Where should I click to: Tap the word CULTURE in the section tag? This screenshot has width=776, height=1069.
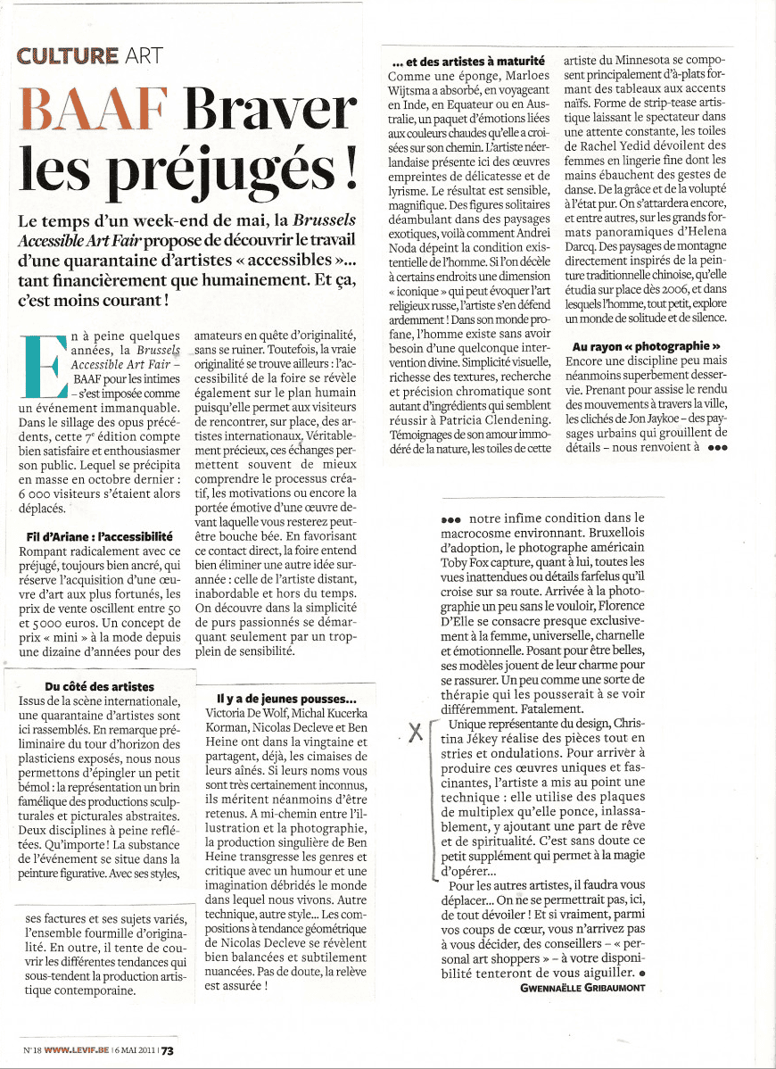[x=68, y=55]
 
